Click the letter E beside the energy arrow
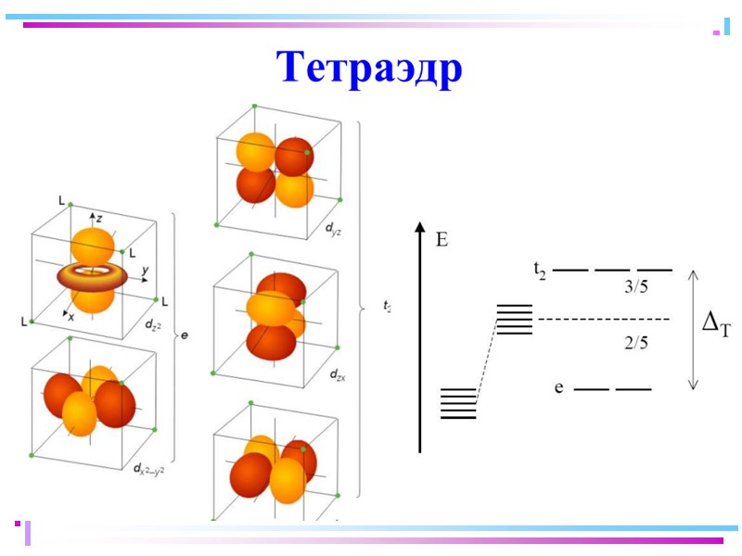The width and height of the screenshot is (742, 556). pyautogui.click(x=442, y=241)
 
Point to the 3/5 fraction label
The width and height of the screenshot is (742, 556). pyautogui.click(x=636, y=288)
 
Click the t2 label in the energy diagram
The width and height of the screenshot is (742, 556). pyautogui.click(x=540, y=270)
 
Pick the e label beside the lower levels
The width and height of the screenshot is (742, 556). pyautogui.click(x=559, y=387)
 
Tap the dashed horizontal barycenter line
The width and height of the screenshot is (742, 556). pyautogui.click(x=603, y=320)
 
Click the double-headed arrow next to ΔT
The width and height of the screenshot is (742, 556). pyautogui.click(x=692, y=329)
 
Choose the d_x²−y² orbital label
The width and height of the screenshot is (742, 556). pyautogui.click(x=148, y=469)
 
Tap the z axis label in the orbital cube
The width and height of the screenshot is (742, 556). pyautogui.click(x=99, y=215)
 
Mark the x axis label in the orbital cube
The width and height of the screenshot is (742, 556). pyautogui.click(x=70, y=316)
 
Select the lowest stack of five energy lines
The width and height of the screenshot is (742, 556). pyautogui.click(x=458, y=403)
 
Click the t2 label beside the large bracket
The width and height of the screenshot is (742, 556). pyautogui.click(x=386, y=303)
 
